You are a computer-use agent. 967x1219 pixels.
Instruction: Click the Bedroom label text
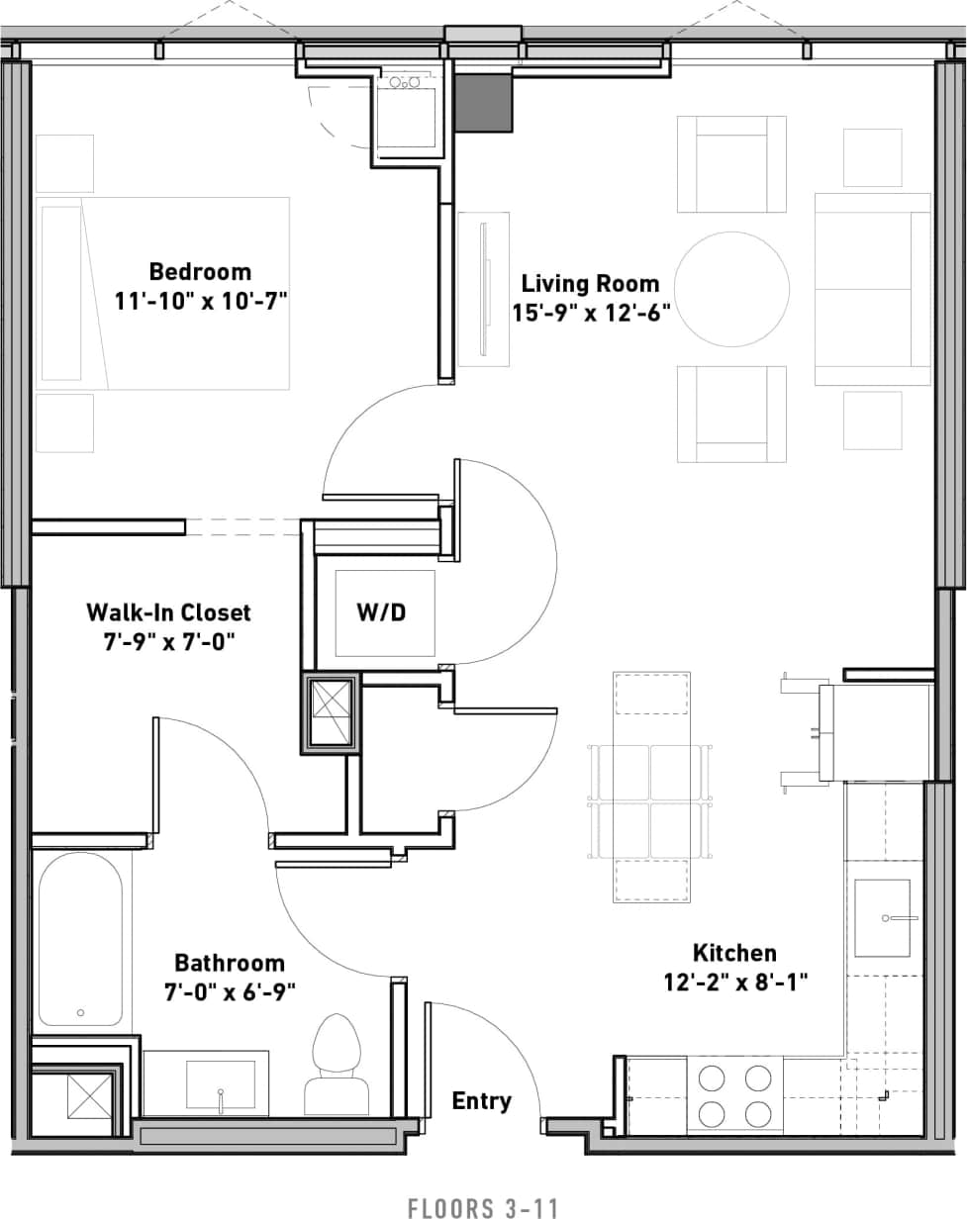click(x=200, y=271)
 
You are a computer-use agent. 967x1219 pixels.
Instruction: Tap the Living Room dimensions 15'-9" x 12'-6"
click(x=591, y=313)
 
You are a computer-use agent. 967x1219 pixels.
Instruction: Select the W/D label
click(x=381, y=612)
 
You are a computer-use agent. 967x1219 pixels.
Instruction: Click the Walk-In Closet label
click(x=168, y=612)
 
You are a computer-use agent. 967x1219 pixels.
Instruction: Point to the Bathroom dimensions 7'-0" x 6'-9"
click(x=230, y=990)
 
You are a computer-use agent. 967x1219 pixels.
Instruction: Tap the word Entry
click(x=482, y=1100)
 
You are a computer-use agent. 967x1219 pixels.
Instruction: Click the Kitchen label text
click(x=734, y=953)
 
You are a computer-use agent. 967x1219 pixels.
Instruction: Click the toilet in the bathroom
click(x=338, y=1064)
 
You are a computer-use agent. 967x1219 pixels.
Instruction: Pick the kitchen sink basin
click(x=882, y=918)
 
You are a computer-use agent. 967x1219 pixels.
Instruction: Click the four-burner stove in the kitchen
click(x=734, y=1094)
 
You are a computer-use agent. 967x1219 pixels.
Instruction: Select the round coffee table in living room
click(x=732, y=289)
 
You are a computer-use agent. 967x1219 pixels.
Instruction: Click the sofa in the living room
click(x=873, y=289)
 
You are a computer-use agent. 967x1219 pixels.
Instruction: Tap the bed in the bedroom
click(x=163, y=293)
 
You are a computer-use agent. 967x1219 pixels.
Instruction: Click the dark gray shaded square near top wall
click(x=483, y=103)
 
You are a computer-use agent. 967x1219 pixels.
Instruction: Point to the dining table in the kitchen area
click(x=651, y=787)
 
